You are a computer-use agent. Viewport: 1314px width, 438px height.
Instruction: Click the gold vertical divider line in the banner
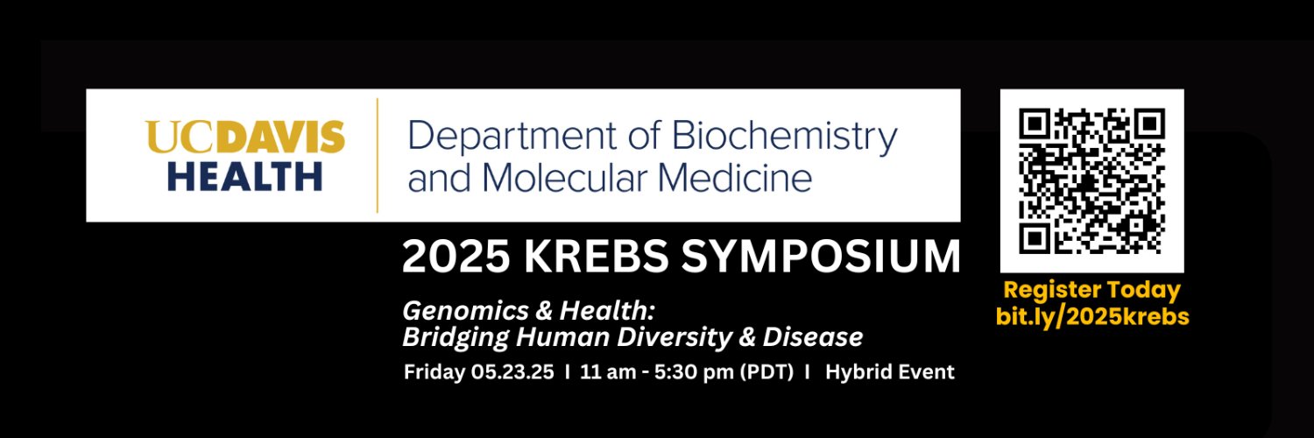[x=378, y=155]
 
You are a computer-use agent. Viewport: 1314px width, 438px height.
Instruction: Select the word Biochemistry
[x=784, y=138]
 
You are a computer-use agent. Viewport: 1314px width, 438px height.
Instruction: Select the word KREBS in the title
[x=596, y=257]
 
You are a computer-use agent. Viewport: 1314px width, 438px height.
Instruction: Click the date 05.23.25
[x=512, y=372]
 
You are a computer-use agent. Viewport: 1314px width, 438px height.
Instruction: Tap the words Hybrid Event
[x=889, y=372]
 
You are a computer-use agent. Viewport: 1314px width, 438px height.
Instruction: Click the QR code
[x=1091, y=181]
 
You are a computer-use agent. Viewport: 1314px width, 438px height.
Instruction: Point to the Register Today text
[x=1091, y=291]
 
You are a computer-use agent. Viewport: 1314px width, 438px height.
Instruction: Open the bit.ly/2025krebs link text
[x=1092, y=316]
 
